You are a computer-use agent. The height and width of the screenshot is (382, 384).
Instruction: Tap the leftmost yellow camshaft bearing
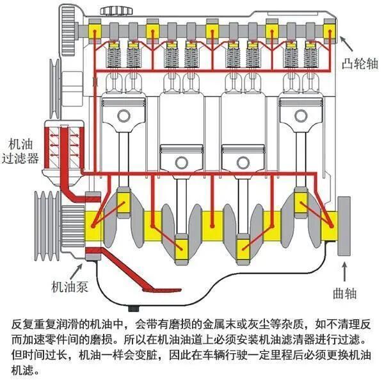point(97,29)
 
